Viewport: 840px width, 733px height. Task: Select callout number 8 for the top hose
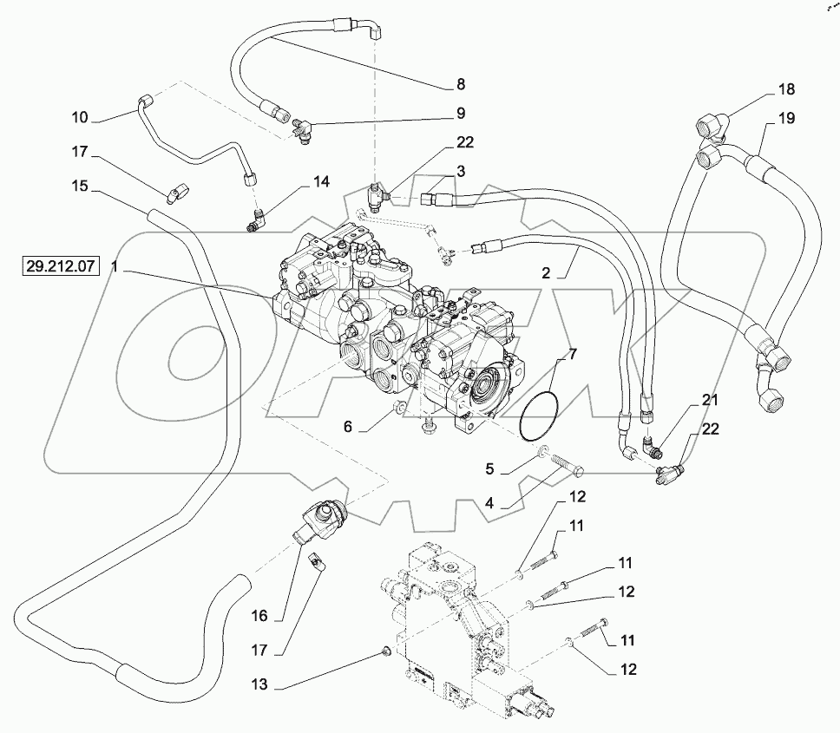click(461, 84)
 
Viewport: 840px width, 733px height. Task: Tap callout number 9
click(461, 113)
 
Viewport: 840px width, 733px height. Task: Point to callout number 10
click(79, 116)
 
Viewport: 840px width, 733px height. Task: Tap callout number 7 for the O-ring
click(572, 353)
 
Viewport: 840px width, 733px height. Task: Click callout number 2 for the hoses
click(546, 271)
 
